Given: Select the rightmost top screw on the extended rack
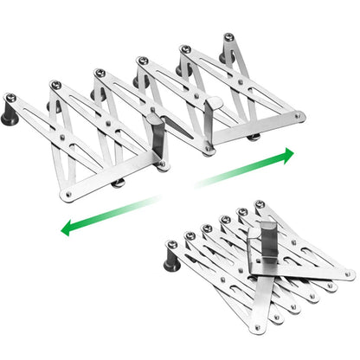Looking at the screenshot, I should click(228, 38).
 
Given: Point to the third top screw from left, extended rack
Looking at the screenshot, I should click(100, 72).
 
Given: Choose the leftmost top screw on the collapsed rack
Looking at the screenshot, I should click(170, 246).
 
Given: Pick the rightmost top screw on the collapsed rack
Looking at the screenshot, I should click(260, 204).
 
